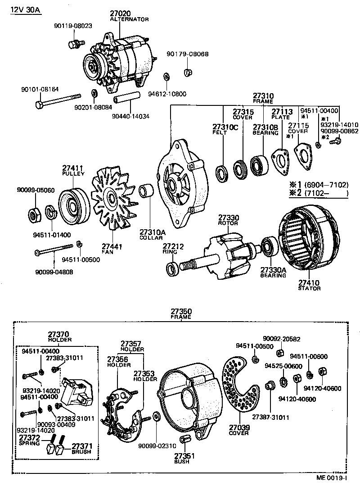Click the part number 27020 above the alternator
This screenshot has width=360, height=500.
point(120,14)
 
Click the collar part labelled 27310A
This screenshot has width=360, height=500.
point(147,191)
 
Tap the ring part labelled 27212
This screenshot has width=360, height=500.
point(172,269)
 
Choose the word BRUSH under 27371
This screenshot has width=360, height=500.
point(81,451)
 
